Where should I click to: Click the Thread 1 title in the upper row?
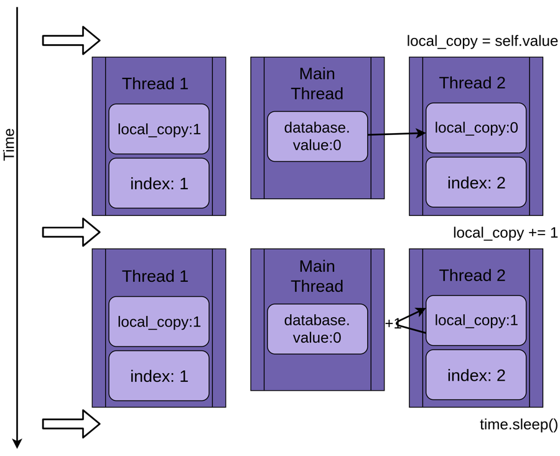click(x=155, y=83)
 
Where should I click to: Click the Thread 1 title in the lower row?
click(x=155, y=276)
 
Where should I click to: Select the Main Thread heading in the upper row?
click(x=317, y=83)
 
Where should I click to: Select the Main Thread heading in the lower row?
click(x=317, y=276)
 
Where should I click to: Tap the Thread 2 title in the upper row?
click(x=472, y=83)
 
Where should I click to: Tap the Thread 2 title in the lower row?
click(x=472, y=275)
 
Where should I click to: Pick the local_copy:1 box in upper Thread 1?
click(x=159, y=129)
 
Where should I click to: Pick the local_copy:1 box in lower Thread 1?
click(x=159, y=322)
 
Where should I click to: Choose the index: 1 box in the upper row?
click(x=159, y=184)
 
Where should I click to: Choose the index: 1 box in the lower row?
click(x=159, y=376)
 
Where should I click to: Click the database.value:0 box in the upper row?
click(x=317, y=136)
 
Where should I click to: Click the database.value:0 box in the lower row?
click(x=317, y=329)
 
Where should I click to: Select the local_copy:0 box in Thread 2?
click(x=476, y=128)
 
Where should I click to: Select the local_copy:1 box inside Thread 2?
click(x=476, y=320)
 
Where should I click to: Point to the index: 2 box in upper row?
click(x=476, y=182)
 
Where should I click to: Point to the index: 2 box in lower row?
click(x=476, y=375)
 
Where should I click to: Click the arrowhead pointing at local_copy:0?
click(x=421, y=133)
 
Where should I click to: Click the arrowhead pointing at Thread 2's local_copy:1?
click(x=421, y=310)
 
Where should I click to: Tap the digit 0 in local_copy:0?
click(x=513, y=128)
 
